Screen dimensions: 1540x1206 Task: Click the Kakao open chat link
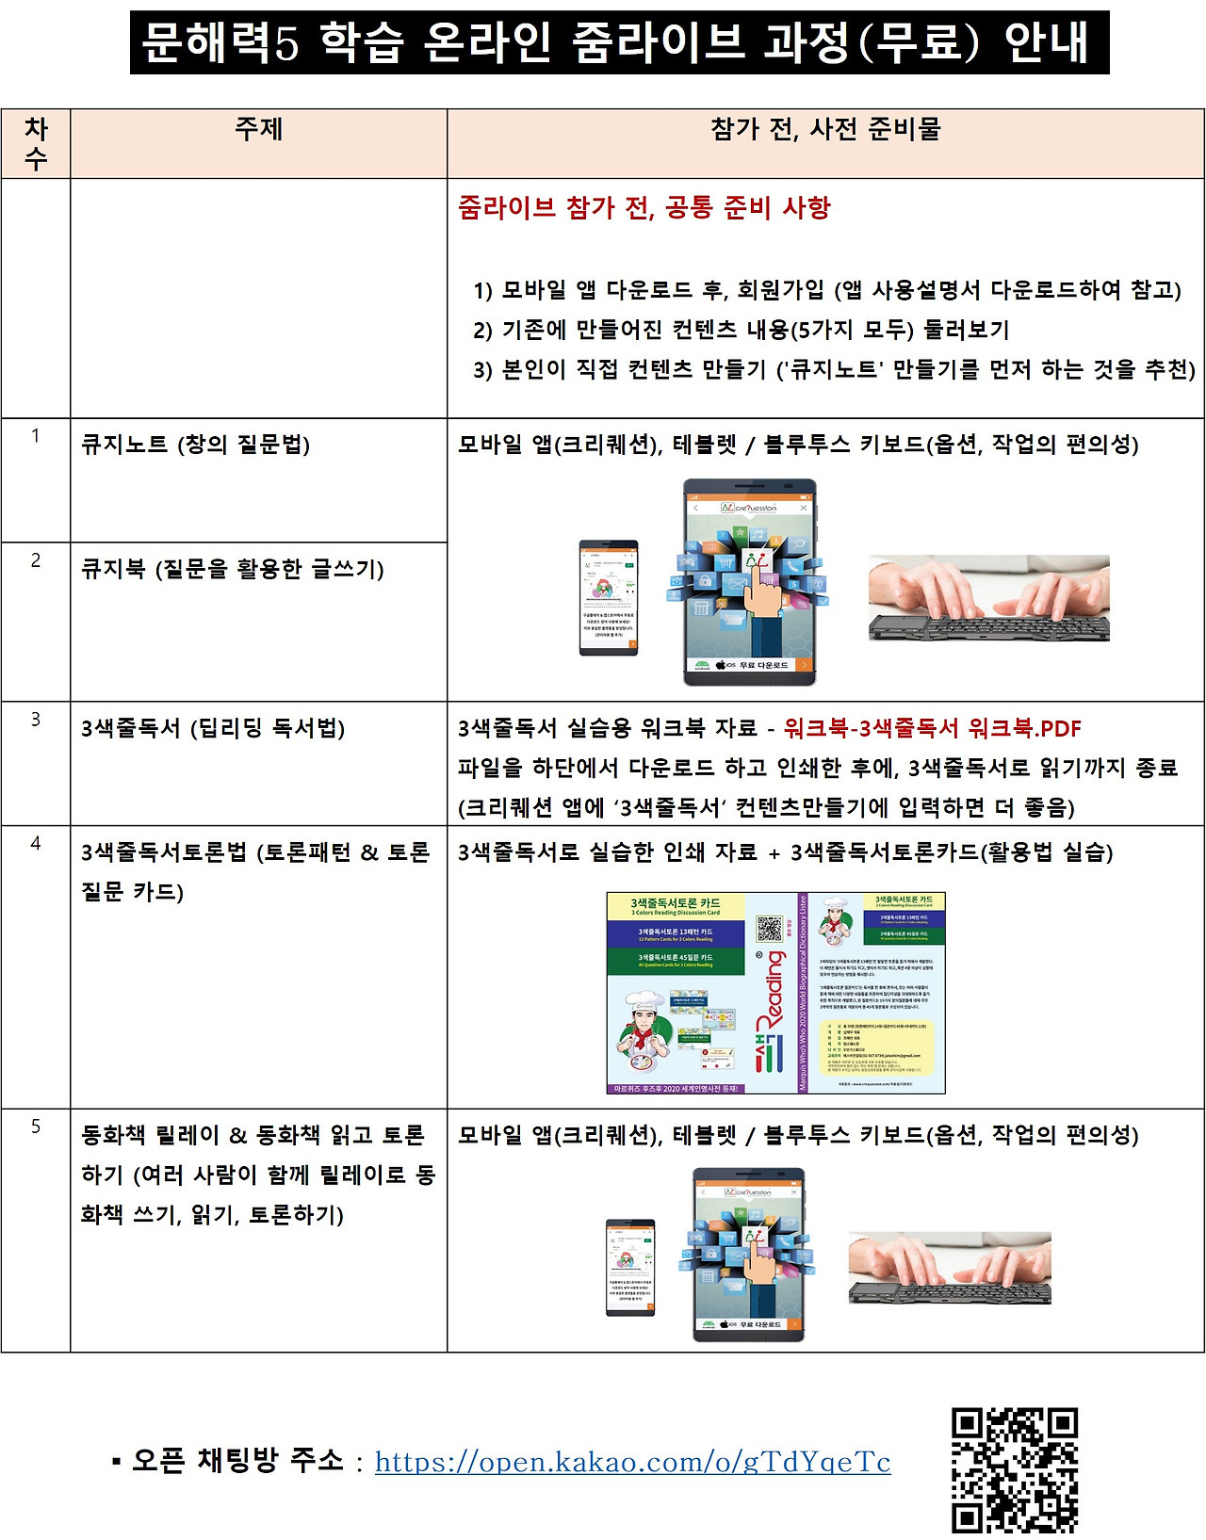tap(632, 1461)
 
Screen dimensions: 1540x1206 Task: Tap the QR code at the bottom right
tap(1014, 1470)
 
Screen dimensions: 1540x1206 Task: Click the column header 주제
tap(258, 129)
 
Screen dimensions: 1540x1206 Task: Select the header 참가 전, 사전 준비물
tap(825, 129)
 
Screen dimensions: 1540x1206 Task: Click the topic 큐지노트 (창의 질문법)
tap(196, 444)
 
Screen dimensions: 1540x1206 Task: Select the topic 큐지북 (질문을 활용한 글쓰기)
tap(233, 568)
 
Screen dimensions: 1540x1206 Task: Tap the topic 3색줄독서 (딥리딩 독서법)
tap(213, 728)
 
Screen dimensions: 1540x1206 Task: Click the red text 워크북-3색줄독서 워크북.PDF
tap(932, 728)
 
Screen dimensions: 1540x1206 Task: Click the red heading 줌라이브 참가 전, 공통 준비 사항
tap(644, 207)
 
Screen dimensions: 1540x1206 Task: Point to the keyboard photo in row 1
tap(988, 598)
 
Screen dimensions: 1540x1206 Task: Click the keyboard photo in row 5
tap(950, 1268)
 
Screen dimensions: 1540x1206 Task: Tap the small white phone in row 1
tap(608, 597)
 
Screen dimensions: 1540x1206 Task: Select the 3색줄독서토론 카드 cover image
tap(775, 993)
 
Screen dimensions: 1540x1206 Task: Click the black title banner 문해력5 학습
tap(619, 42)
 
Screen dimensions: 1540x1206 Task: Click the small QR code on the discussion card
tap(770, 928)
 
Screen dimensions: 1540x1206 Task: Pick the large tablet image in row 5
tap(749, 1254)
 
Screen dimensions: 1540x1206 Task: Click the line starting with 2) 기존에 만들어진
tap(742, 330)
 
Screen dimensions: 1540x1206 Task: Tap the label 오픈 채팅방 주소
tap(237, 1461)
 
